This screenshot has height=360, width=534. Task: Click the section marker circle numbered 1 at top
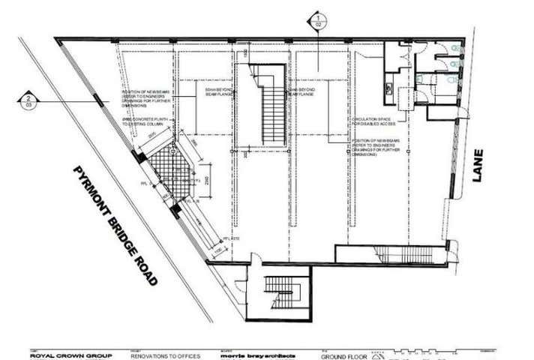click(x=318, y=20)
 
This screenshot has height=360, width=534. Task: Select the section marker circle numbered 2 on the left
click(x=28, y=102)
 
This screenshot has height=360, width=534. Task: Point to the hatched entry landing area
click(x=169, y=173)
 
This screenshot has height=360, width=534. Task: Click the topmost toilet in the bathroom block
click(x=455, y=49)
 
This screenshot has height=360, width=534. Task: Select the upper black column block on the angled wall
click(x=139, y=157)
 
